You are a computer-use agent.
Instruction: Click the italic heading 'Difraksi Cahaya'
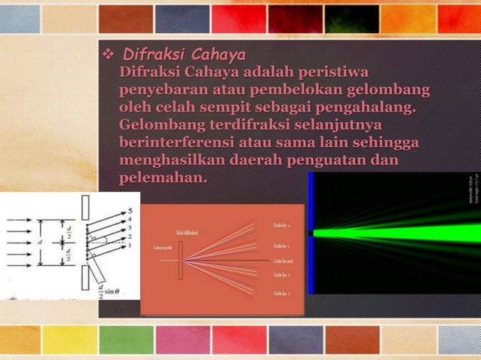click(184, 55)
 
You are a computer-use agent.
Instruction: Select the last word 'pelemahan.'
click(163, 178)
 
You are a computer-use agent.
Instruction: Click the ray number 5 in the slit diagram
click(130, 211)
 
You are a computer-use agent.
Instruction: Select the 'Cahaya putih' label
click(164, 248)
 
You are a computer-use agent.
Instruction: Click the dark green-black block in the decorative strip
click(351, 20)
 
